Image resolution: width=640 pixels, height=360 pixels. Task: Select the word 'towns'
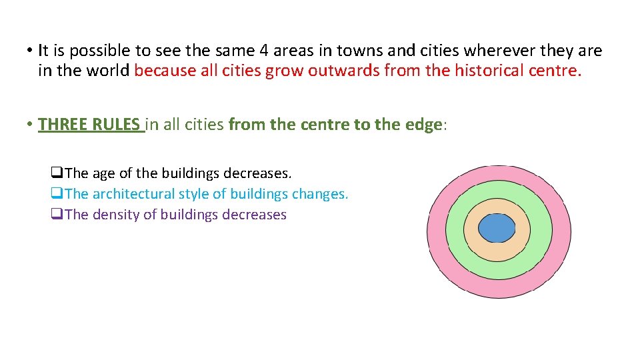tap(359, 51)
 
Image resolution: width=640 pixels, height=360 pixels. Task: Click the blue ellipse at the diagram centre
tap(497, 229)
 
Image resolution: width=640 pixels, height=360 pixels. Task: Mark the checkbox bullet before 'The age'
tap(57, 173)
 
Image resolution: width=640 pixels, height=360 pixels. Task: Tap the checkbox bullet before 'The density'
tap(57, 215)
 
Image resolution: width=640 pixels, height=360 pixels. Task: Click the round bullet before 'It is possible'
tap(29, 51)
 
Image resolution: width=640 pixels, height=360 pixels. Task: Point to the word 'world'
tap(108, 71)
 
